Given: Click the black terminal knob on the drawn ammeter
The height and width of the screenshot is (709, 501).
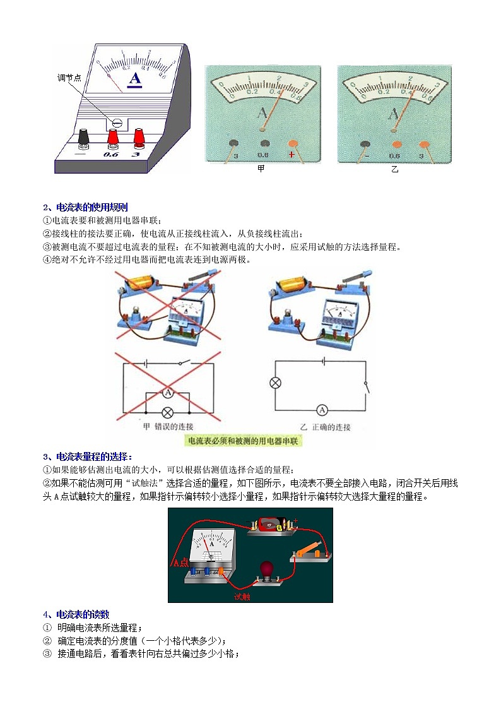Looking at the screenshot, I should click(x=83, y=135).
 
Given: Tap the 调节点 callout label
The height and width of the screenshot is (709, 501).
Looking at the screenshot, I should click(x=69, y=78).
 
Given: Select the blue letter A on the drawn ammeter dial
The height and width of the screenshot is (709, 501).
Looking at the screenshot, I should click(x=135, y=79).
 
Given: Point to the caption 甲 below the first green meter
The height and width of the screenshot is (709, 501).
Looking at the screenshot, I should click(x=261, y=169).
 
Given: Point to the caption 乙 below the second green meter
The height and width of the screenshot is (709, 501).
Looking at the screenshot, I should click(x=394, y=169).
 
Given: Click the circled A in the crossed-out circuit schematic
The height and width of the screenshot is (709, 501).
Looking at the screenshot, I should click(x=168, y=393).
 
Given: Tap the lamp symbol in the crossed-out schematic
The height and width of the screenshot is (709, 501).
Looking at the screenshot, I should click(x=168, y=412).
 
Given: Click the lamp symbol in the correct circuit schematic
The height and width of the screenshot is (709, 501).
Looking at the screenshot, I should click(x=275, y=383).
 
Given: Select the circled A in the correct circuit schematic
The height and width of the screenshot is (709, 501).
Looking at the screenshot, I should click(x=321, y=410).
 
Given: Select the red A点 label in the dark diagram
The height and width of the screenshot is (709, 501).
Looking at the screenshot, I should click(x=180, y=563).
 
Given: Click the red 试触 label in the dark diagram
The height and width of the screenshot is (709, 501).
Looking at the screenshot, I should click(x=242, y=596).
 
